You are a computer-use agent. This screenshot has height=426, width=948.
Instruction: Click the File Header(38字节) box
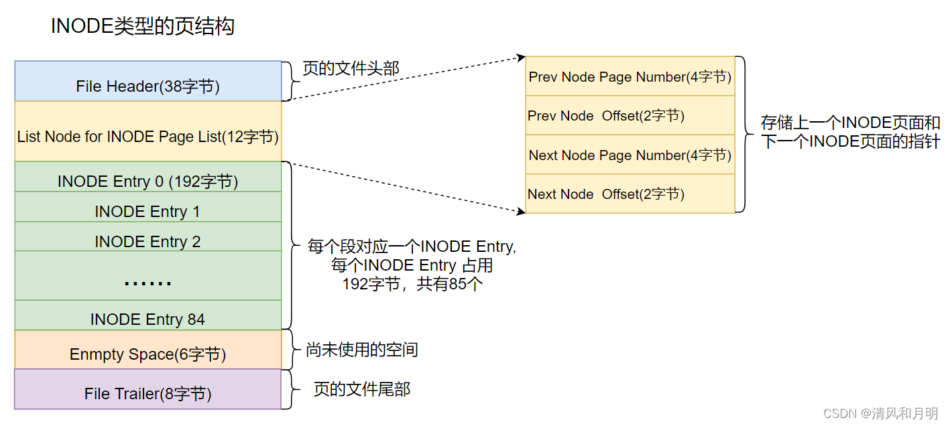(x=147, y=81)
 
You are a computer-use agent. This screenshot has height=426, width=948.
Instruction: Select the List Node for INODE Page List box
(x=147, y=131)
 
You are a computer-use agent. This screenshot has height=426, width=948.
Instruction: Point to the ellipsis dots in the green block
(x=147, y=281)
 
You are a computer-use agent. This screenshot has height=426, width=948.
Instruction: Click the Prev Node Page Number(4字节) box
(x=630, y=76)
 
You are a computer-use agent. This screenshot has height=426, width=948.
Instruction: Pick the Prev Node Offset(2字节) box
(x=630, y=115)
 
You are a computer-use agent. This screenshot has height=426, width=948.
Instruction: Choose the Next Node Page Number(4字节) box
(x=630, y=155)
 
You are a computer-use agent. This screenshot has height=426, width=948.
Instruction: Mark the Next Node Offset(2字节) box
(x=630, y=194)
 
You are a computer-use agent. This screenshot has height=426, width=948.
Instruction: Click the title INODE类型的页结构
(x=143, y=27)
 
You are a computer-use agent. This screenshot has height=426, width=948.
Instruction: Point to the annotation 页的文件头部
(x=351, y=68)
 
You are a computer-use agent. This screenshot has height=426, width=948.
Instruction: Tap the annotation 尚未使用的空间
(x=362, y=349)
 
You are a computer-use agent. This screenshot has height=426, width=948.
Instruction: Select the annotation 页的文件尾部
(x=362, y=389)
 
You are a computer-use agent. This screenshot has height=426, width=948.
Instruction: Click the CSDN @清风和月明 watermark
(x=880, y=413)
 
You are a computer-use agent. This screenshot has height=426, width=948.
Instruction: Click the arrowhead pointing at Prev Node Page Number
(x=521, y=58)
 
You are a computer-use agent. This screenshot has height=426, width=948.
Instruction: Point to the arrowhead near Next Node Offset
(x=520, y=211)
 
